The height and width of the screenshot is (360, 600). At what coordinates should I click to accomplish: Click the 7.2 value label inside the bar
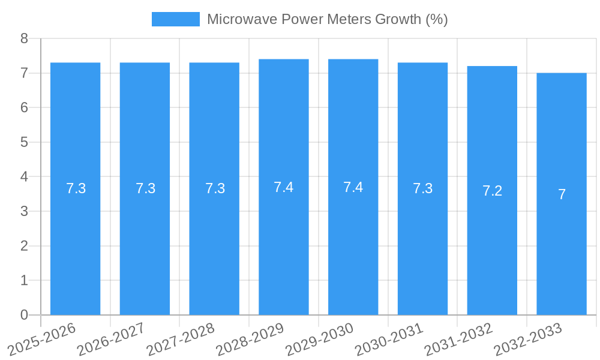pyautogui.click(x=492, y=191)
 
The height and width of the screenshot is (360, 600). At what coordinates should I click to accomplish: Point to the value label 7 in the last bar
pyautogui.click(x=562, y=194)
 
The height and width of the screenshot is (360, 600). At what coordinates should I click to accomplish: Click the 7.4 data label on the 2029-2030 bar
pyautogui.click(x=353, y=187)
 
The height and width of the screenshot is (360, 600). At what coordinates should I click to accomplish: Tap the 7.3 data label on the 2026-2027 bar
pyautogui.click(x=145, y=188)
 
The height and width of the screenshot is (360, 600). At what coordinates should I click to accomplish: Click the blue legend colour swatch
pyautogui.click(x=175, y=19)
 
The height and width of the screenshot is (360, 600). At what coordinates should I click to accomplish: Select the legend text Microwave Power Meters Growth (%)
pyautogui.click(x=327, y=19)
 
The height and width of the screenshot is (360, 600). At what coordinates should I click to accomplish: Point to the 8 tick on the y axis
pyautogui.click(x=25, y=38)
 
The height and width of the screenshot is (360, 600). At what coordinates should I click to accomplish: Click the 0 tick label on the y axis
pyautogui.click(x=25, y=315)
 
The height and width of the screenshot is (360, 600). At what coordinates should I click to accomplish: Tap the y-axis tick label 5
pyautogui.click(x=25, y=142)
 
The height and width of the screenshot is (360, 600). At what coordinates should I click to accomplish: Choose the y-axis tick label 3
pyautogui.click(x=25, y=211)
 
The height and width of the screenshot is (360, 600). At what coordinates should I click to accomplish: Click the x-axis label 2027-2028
pyautogui.click(x=181, y=338)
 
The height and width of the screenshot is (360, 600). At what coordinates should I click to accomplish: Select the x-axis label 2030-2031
pyautogui.click(x=389, y=338)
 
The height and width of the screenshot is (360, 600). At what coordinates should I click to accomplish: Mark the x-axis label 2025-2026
pyautogui.click(x=41, y=338)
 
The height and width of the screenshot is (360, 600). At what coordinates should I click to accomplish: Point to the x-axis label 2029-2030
pyautogui.click(x=319, y=338)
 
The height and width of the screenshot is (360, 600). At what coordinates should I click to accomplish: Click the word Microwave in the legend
pyautogui.click(x=235, y=19)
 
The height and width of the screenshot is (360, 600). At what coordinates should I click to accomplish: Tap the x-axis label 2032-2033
pyautogui.click(x=527, y=338)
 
